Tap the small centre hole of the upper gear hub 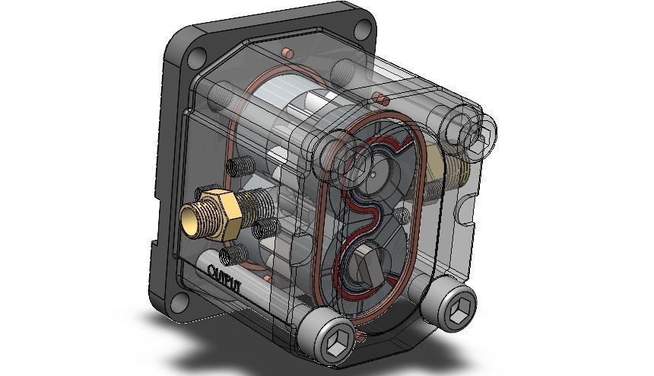[376, 172]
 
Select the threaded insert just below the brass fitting [234, 252]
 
